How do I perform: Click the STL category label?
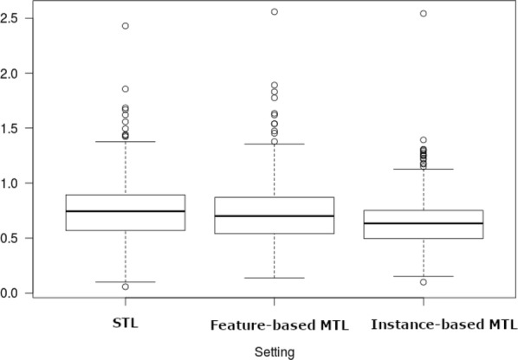(x=126, y=325)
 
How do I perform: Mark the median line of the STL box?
(x=126, y=211)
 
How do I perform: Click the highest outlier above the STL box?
(x=126, y=26)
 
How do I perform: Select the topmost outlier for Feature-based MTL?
(x=275, y=12)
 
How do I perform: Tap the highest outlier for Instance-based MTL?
(x=423, y=14)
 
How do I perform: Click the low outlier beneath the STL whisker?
(x=126, y=286)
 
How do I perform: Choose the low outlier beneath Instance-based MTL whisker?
(x=423, y=282)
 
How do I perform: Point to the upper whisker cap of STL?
(x=126, y=141)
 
